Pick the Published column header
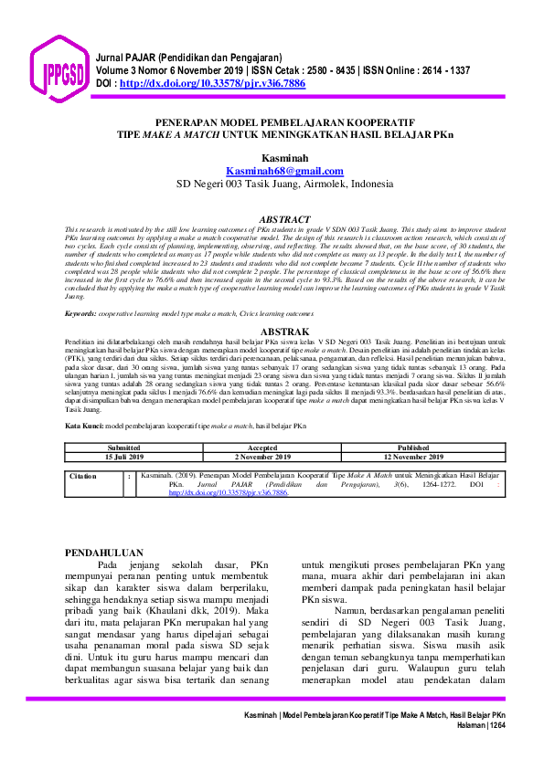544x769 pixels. [412, 448]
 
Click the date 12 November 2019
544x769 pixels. [412, 457]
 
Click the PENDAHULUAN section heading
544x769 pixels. [105, 552]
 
